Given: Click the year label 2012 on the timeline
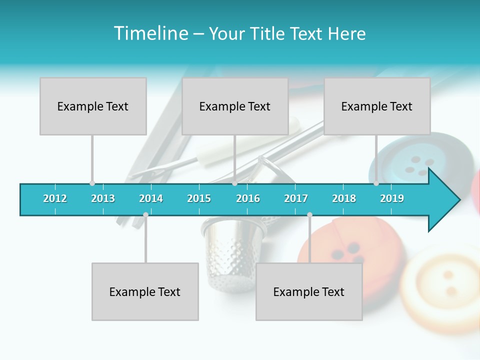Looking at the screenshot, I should [55, 198].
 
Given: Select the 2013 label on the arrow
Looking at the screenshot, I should [103, 198].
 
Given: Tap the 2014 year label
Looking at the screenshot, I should [151, 198].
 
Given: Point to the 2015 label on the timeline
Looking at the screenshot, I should [199, 198].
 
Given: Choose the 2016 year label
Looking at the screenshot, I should [248, 198].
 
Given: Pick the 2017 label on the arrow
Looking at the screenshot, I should [296, 198].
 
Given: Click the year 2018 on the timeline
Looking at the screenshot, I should [344, 198].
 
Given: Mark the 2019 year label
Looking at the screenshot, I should [392, 198].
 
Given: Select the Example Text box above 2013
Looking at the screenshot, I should [93, 106].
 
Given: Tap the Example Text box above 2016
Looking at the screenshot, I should [235, 106].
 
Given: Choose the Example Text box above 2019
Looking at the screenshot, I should [377, 106].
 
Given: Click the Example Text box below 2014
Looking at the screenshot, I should [145, 291].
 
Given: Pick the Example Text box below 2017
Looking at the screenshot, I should [309, 291].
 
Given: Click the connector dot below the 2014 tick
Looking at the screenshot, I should [145, 214].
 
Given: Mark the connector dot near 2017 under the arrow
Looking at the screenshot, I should [309, 214].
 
